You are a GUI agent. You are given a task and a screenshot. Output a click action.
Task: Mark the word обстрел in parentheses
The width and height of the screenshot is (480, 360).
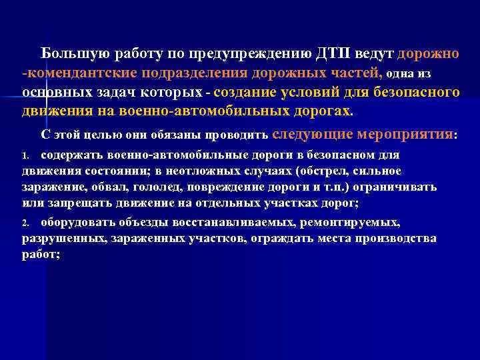click(x=326, y=171)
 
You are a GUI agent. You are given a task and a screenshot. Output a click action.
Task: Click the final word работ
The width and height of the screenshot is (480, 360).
click(x=39, y=254)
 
